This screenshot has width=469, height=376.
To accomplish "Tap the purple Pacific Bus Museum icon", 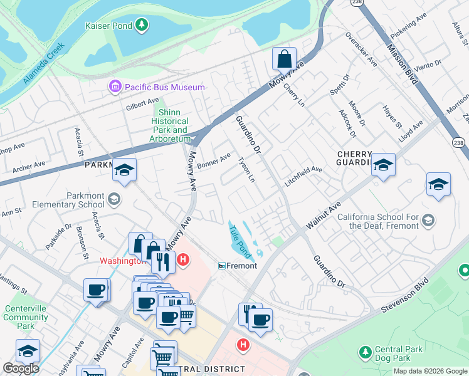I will coord(115,87).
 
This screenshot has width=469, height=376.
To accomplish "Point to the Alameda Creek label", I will coord(44,64).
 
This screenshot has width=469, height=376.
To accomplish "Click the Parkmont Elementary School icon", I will coord(113,199).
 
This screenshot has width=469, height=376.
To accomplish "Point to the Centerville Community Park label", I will coord(25,317).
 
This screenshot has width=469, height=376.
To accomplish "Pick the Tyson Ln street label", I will coord(246,170).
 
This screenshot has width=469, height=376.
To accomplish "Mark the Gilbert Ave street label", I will coord(142,101).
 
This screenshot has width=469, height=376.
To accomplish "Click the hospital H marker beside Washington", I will coord(183,259).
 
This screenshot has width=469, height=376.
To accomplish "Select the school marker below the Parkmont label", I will coord(124,171).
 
